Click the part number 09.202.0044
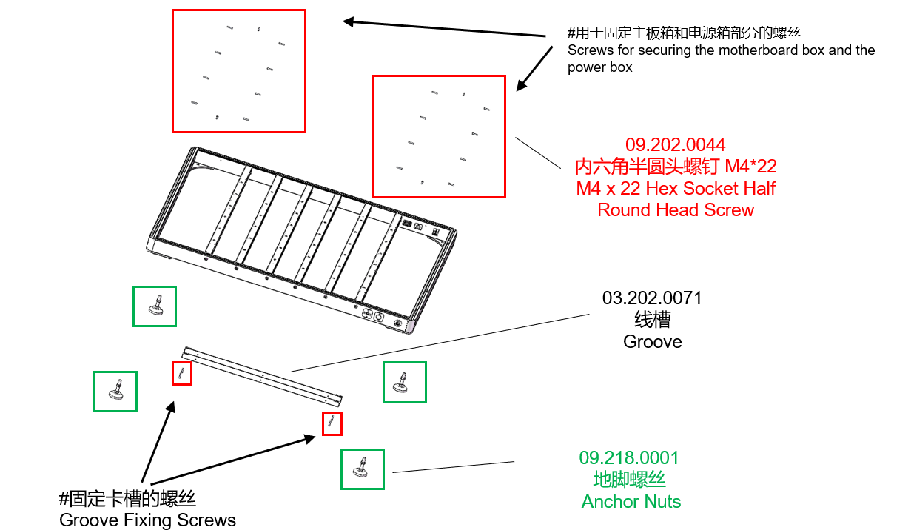coord(675,145)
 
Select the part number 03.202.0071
coord(652,298)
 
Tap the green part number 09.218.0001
coord(629,458)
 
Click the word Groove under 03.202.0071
coord(652,342)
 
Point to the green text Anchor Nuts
coord(631,502)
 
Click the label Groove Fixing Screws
coord(147,520)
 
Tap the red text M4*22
coord(750,167)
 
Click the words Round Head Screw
coord(676,210)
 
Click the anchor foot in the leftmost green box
coord(116,391)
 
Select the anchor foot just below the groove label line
coord(401,383)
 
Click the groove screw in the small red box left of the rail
coord(181,372)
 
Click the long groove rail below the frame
coord(262,376)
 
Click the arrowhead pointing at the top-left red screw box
coord(348,21)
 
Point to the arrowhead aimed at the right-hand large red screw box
coord(522,85)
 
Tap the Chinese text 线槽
coord(652,320)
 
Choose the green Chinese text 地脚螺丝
coord(629,480)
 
